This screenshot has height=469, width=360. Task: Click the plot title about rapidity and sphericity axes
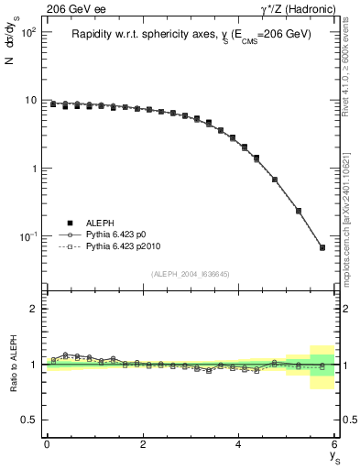pyautogui.click(x=191, y=34)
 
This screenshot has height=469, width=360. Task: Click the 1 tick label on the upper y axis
pyautogui.click(x=36, y=169)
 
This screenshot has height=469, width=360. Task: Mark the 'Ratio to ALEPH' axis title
pyautogui.click(x=13, y=364)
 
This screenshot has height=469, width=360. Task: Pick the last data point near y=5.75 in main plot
pyautogui.click(x=322, y=247)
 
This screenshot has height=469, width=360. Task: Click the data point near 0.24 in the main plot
pyautogui.click(x=299, y=211)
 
